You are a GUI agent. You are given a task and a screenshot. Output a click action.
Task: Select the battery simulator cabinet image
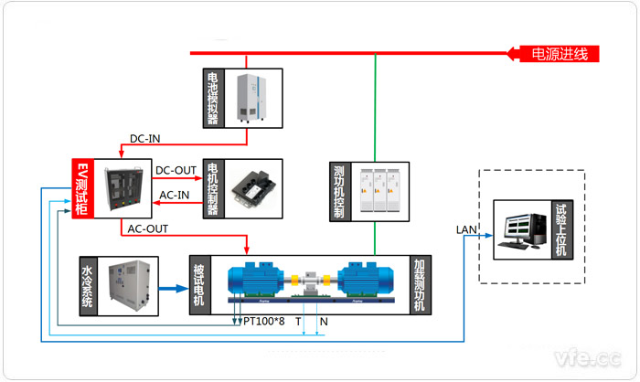tap(254, 98)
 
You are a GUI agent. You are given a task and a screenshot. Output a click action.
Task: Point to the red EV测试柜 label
tap(82, 189)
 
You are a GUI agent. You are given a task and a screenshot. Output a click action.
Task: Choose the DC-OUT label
tap(175, 170)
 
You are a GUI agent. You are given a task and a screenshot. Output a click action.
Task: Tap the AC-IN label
tap(175, 195)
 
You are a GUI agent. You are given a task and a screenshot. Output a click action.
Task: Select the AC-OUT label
tap(147, 228)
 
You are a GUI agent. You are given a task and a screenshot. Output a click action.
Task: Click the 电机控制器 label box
tap(213, 188)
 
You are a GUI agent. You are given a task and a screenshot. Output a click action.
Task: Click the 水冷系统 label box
tap(88, 287)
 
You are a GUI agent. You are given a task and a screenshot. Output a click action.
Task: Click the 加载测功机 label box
tap(419, 285)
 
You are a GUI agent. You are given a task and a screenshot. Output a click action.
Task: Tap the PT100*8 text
tap(264, 322)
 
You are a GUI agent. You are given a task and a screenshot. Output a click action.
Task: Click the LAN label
tap(467, 228)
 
